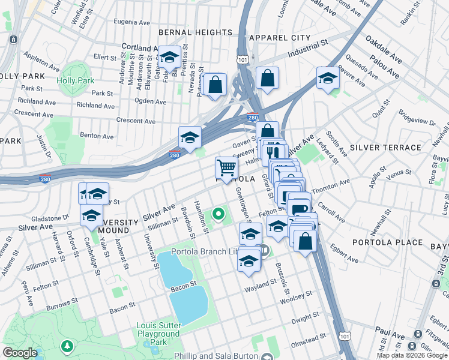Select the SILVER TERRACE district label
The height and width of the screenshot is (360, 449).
385,147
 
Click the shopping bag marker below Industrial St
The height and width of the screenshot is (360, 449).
267,77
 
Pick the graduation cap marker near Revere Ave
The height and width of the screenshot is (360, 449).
328,77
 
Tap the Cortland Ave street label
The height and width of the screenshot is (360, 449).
138,47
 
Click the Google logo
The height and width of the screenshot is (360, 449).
20,353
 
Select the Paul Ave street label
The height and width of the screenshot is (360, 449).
390,331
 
